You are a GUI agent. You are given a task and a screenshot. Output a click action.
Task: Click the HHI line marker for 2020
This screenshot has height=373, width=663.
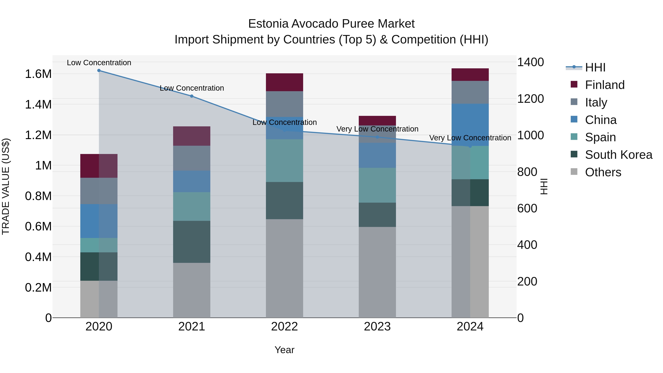pos(99,71)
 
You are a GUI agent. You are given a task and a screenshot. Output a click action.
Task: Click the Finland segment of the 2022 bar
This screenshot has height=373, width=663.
pos(284,82)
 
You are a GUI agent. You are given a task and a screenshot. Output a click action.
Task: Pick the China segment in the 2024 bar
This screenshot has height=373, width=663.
pos(470,125)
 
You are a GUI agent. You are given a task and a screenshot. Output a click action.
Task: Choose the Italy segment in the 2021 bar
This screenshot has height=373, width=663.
pos(192,158)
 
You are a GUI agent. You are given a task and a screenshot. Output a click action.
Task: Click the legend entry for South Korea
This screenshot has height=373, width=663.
pos(618,155)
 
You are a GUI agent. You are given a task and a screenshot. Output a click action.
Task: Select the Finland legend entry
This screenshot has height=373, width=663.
pos(605,85)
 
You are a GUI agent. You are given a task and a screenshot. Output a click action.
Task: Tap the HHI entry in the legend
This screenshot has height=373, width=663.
pos(595,67)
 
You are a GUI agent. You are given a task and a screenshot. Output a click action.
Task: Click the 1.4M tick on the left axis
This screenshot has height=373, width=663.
pos(38,104)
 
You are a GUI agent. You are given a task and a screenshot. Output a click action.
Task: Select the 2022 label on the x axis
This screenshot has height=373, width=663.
pos(284,327)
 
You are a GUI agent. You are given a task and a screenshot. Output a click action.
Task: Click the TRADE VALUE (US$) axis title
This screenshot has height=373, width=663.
pos(6,186)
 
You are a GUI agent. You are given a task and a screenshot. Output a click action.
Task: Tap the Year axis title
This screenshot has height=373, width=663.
pos(284,350)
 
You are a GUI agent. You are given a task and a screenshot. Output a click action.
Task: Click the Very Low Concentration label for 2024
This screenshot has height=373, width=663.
pos(470,138)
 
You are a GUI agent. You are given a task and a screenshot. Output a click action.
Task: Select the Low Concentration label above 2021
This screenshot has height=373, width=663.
pos(192,88)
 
